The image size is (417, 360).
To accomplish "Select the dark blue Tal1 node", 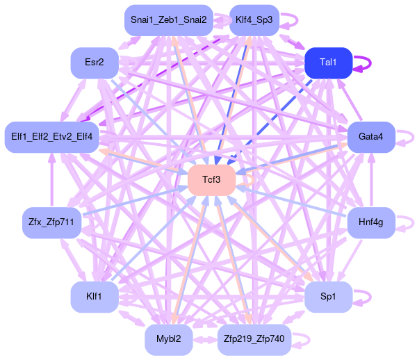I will pos(328,63).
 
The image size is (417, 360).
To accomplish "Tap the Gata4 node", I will pos(371,136).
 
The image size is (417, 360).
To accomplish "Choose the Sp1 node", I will pos(328,297).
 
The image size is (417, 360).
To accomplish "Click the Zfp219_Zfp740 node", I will pos(254,339).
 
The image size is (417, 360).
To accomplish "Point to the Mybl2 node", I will pos(168,339).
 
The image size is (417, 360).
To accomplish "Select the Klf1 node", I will pos(95,297).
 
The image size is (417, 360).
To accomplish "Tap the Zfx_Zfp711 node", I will pos(52,222).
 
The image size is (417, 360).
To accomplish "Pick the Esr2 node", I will pos(95,63).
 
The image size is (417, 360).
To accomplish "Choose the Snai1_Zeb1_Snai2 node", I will pos(168,19).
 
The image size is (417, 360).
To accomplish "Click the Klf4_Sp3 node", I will pos(254,19).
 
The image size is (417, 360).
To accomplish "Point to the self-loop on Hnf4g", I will pos(414,222).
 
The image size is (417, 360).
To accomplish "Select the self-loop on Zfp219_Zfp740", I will pos(309,339).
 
